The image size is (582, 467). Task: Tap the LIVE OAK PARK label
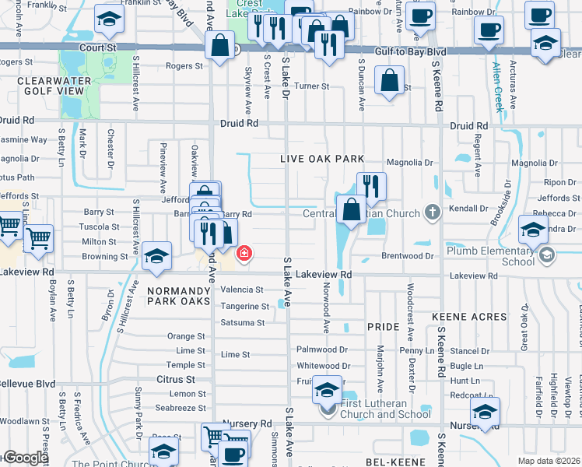[323, 159]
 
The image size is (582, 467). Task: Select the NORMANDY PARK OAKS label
[178, 295]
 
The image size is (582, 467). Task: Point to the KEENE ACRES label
[468, 317]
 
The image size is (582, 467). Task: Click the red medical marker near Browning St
[244, 254]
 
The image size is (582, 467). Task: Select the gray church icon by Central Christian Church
[433, 212]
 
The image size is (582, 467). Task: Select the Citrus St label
[177, 379]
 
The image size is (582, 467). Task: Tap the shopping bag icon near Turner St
[388, 79]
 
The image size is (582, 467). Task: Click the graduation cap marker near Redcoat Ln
[486, 412]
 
